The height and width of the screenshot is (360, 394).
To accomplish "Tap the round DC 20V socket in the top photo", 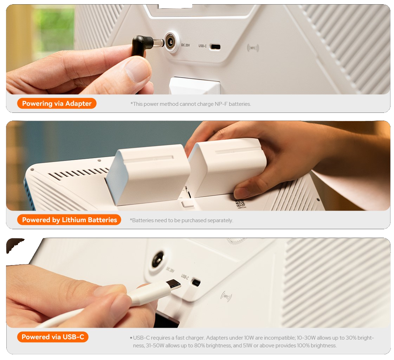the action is [172, 42].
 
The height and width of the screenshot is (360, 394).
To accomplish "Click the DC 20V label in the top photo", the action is [186, 45].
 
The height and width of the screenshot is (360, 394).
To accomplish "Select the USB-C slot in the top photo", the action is [215, 47].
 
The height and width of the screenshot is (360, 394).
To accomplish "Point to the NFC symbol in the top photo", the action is [253, 48].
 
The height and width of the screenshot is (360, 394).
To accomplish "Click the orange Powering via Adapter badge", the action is [57, 104].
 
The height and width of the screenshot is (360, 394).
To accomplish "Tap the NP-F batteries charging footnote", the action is [190, 104].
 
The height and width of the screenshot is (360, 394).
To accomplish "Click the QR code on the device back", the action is [240, 204].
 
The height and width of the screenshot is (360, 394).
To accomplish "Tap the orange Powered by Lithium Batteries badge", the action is [69, 220].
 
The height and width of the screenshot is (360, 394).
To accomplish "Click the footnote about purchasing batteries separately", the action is [181, 220].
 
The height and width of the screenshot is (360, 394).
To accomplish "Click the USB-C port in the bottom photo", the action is [196, 282].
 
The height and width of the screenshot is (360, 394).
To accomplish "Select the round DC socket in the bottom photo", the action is [158, 259].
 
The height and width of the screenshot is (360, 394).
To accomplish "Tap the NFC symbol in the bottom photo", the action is [226, 297].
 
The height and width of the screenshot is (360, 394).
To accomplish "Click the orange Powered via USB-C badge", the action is [53, 337].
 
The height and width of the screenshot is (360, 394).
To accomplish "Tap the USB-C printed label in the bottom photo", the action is [185, 277].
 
